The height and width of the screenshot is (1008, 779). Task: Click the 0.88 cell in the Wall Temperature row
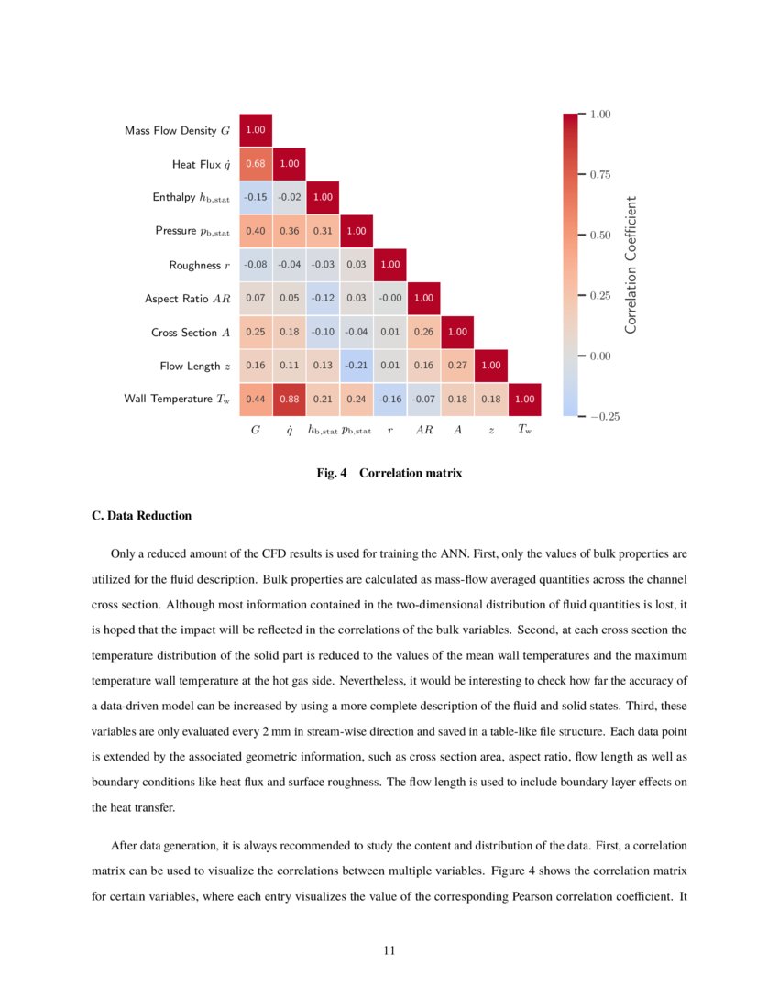pos(289,400)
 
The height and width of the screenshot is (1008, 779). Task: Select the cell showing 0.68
pos(256,164)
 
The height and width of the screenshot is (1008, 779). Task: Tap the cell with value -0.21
pos(357,366)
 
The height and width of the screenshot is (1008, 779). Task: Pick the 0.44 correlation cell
pos(256,400)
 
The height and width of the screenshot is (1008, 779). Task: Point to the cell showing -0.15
pos(256,198)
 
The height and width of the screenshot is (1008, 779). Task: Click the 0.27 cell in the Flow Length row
pos(457,366)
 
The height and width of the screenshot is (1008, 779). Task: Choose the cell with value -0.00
pos(389,299)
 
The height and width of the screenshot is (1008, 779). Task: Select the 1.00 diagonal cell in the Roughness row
pos(389,265)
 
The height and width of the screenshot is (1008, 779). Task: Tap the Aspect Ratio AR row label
pos(187,299)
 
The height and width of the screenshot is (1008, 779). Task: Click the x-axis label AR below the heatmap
pos(423,429)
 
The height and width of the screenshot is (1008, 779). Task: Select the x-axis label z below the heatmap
pos(491,429)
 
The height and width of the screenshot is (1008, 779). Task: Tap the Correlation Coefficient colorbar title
pos(631,265)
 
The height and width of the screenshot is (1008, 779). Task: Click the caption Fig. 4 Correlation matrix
pos(389,474)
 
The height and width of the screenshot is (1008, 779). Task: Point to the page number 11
pos(389,950)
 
